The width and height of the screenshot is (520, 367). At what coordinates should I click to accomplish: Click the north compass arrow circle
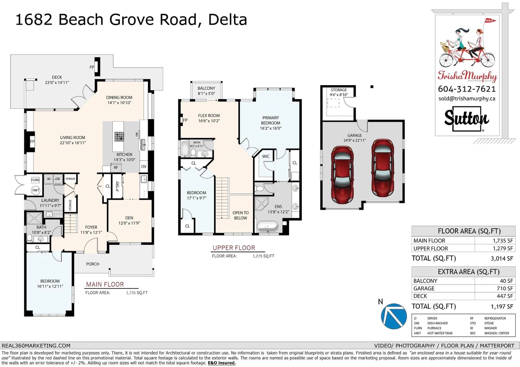(394, 316)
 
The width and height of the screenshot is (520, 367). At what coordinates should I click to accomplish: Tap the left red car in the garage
(342, 174)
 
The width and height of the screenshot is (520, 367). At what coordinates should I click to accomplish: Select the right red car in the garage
(383, 168)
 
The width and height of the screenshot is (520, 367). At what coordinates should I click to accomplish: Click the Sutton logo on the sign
(467, 119)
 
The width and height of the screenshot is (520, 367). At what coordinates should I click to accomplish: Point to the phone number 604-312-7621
(467, 89)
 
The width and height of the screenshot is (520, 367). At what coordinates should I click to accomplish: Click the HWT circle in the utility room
(36, 190)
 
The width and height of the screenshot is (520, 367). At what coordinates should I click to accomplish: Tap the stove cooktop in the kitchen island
(119, 137)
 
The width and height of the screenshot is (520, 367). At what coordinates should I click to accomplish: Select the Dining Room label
(119, 100)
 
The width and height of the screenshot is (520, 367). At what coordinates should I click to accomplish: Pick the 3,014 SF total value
(502, 259)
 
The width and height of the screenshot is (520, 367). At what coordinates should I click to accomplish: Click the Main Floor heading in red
(105, 285)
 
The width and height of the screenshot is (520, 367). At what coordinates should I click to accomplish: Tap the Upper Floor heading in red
(234, 248)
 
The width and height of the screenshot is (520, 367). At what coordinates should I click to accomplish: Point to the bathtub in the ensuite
(267, 226)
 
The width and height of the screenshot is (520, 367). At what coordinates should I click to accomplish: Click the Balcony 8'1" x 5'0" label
(206, 91)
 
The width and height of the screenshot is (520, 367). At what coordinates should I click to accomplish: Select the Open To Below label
(240, 215)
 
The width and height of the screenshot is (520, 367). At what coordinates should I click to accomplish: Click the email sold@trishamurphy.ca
(467, 99)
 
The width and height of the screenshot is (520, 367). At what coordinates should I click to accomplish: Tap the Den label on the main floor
(129, 218)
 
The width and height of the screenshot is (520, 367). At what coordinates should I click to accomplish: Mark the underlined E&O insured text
(221, 363)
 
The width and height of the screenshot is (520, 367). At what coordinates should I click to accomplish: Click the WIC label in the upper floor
(266, 156)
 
